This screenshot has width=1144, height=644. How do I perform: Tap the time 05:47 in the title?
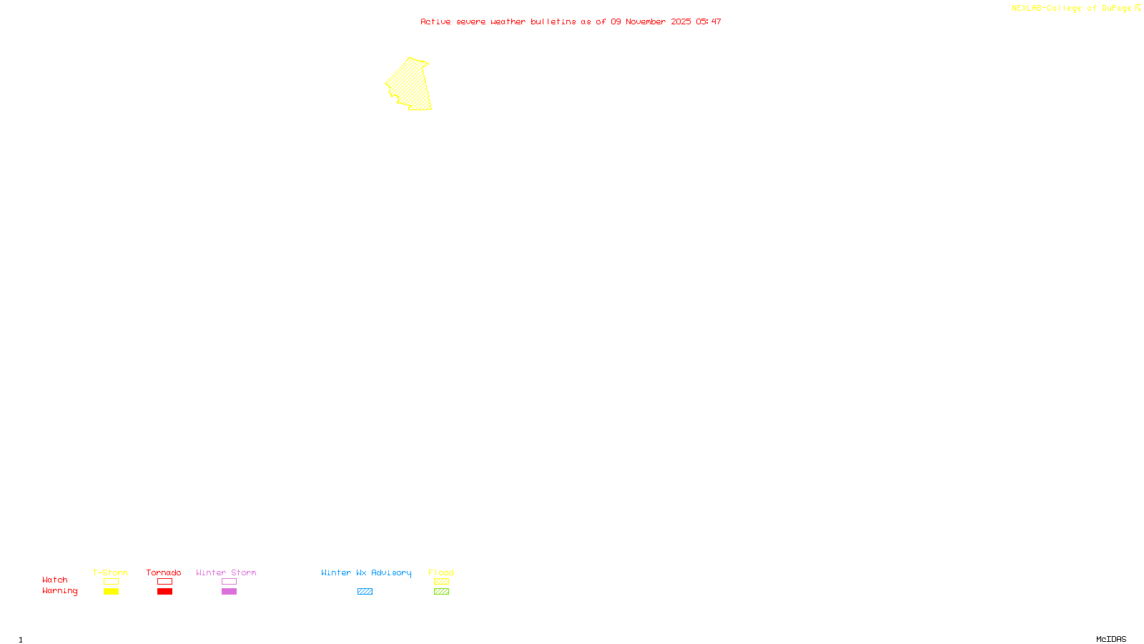point(709,21)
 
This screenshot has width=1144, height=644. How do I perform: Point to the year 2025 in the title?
point(681,21)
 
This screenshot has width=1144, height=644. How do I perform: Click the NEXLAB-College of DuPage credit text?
point(1071,9)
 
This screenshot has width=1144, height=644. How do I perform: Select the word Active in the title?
point(435,21)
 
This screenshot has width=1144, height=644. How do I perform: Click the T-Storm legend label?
point(110,572)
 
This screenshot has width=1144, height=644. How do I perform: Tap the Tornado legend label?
point(164,572)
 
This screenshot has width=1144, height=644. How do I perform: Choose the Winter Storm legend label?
point(226,572)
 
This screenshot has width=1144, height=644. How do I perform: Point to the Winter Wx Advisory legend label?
point(366,572)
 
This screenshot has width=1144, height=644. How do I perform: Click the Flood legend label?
point(441,572)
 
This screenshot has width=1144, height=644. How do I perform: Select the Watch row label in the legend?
point(55,580)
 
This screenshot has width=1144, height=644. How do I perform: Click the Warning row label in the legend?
point(60,591)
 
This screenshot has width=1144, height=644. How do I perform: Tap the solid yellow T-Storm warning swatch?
point(111,592)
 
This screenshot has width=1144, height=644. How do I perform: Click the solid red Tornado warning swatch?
point(164,592)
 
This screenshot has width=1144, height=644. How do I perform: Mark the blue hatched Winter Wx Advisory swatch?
point(365,592)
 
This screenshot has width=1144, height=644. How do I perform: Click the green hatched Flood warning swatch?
point(441,592)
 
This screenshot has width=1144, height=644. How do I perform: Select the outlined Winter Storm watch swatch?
point(229,582)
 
